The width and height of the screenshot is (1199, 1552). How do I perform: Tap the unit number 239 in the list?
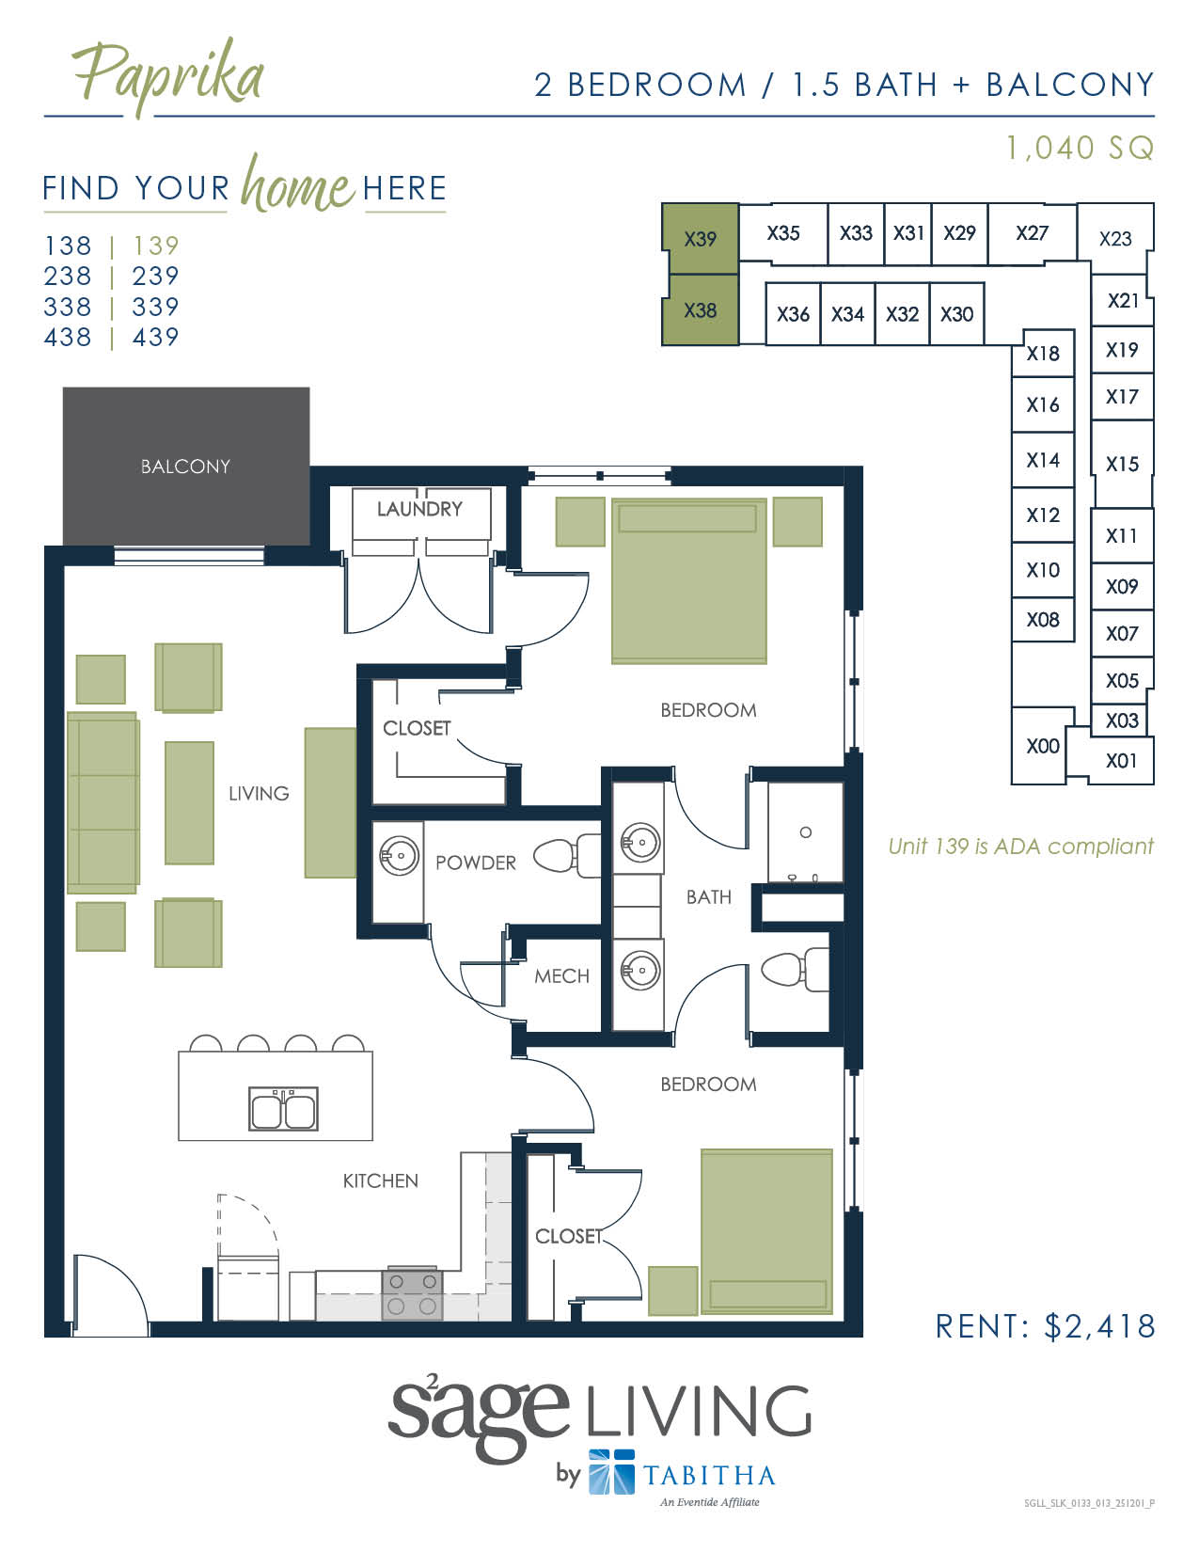pos(155,277)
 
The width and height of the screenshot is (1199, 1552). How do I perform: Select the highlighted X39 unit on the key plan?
pos(700,239)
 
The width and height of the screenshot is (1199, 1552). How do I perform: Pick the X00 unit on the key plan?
pos(1042,746)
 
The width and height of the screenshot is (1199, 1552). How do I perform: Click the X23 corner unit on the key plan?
pos(1115,239)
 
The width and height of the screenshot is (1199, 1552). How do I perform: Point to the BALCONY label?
pos(185,467)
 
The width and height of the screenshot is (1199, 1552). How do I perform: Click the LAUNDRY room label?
pos(419,509)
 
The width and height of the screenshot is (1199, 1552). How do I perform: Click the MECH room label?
pos(561,976)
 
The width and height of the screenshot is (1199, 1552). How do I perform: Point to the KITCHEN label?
pos(380,1180)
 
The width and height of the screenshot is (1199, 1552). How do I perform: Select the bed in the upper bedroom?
pos(688,581)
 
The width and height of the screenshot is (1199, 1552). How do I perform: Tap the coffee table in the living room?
pos(189,802)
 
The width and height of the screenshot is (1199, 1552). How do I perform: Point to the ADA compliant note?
pos(1020,847)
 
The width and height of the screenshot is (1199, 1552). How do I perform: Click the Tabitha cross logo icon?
pos(611,1472)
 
